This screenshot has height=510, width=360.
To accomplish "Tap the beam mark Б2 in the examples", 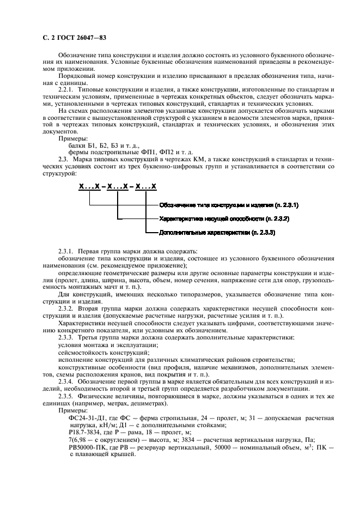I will click(x=91, y=145).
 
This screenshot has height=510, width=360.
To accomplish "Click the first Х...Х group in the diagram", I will click(x=90, y=186).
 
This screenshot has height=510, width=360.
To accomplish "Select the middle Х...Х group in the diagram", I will click(x=118, y=186).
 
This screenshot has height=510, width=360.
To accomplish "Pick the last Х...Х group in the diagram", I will click(x=146, y=186).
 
